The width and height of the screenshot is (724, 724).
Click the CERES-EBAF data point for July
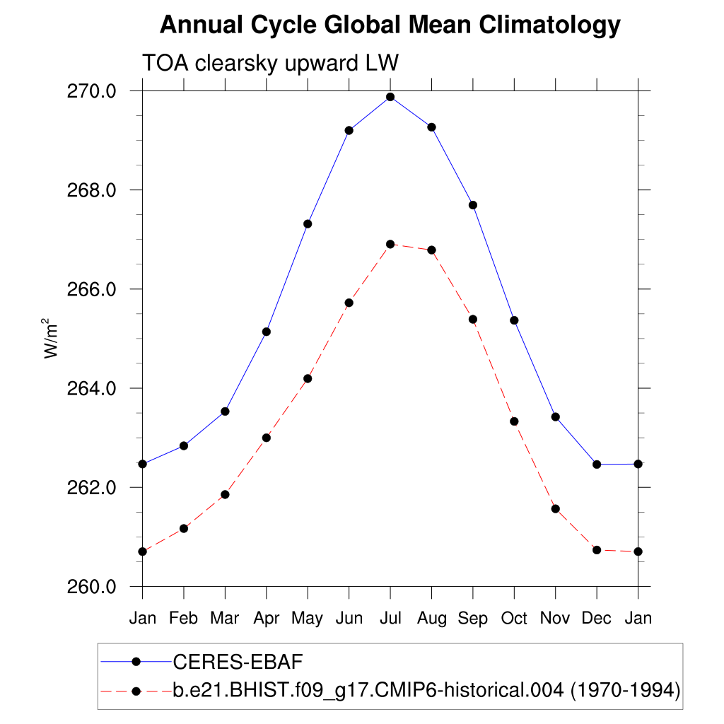[390, 97]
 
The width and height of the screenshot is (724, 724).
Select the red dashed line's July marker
[390, 244]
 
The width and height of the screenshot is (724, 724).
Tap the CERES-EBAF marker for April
[267, 332]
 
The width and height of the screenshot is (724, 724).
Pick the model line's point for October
[515, 421]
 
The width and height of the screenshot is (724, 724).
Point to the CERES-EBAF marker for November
[556, 417]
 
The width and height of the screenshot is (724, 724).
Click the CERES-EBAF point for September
[473, 205]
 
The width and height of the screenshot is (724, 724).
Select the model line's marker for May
[308, 378]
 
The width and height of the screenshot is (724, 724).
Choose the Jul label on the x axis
[390, 618]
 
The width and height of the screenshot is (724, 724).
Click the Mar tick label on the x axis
[225, 618]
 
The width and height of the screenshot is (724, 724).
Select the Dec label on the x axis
[597, 618]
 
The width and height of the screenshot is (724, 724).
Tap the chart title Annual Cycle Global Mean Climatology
[390, 25]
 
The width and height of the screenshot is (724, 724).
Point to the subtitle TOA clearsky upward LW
[271, 63]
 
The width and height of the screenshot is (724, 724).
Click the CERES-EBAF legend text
[238, 662]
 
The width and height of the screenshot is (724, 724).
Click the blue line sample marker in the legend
[136, 662]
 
